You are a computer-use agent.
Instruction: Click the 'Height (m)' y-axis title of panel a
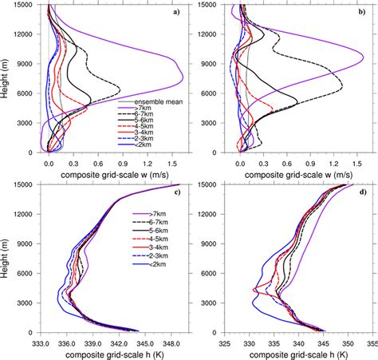pos(6,77)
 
